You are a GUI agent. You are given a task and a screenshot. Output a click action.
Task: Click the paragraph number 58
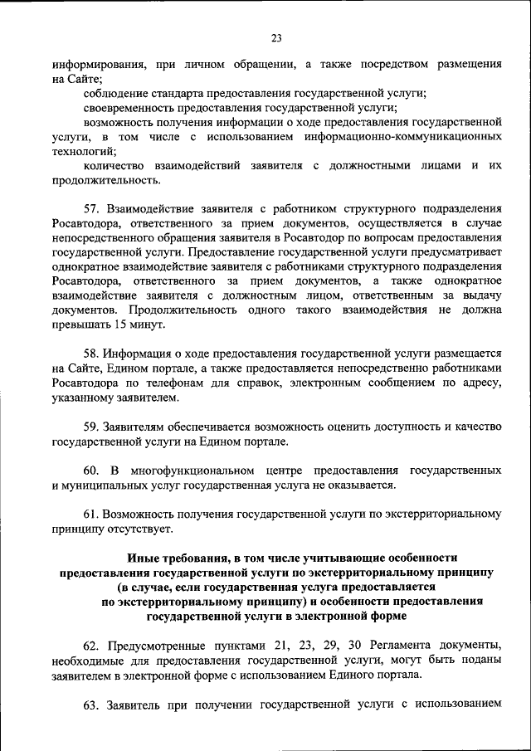91,353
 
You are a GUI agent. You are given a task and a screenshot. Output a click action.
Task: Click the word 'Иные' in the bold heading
141,558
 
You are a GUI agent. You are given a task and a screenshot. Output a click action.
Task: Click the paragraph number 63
91,705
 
